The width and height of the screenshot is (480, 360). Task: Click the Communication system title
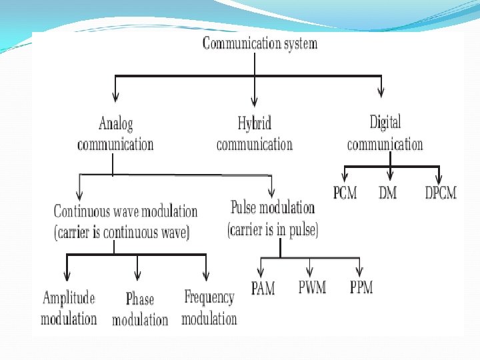[x=259, y=44]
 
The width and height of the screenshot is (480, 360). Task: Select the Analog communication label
[x=115, y=134]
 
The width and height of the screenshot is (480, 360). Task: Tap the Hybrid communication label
[x=254, y=134]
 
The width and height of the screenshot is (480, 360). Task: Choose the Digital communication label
[x=385, y=133]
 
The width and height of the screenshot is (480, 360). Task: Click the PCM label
[x=345, y=193]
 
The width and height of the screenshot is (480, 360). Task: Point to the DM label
[x=387, y=193]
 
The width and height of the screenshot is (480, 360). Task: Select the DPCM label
[x=441, y=193]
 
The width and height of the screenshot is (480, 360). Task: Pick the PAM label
[x=263, y=289]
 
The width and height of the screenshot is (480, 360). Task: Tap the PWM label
[x=312, y=288]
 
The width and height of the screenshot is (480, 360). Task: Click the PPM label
[x=361, y=288]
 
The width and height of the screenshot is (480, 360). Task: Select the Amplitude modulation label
[x=69, y=308]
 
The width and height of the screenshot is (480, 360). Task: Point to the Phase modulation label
[x=140, y=310]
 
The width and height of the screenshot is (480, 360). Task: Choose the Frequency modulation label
[x=209, y=308]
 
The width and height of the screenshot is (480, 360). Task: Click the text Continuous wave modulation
[x=125, y=211]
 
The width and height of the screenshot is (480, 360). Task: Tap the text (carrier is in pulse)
[x=273, y=231]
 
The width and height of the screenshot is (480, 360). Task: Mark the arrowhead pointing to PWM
[x=310, y=272]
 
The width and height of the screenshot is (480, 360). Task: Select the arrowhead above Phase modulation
[x=137, y=275]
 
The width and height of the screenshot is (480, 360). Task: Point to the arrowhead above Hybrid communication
[x=254, y=93]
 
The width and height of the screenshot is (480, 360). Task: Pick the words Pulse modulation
[x=273, y=207]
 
